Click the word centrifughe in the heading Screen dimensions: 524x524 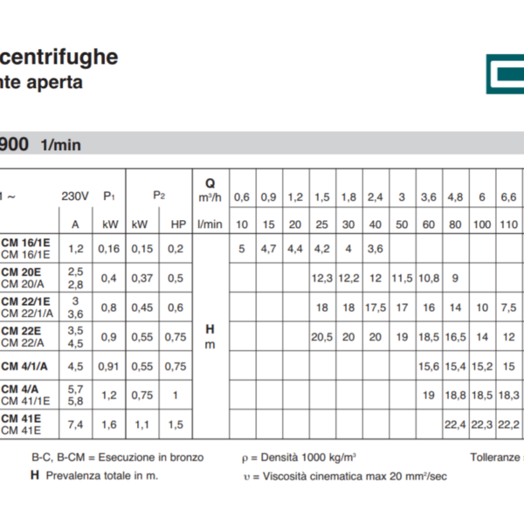[59, 58]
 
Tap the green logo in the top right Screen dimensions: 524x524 [505, 72]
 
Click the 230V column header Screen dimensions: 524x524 [75, 196]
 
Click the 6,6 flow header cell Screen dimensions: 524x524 [509, 196]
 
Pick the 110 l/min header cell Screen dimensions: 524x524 [509, 224]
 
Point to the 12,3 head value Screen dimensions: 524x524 [322, 279]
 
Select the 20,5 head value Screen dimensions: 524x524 [322, 336]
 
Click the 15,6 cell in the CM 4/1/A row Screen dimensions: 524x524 [429, 366]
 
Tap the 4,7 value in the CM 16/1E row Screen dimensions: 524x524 [269, 249]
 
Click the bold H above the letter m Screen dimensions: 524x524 [210, 329]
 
